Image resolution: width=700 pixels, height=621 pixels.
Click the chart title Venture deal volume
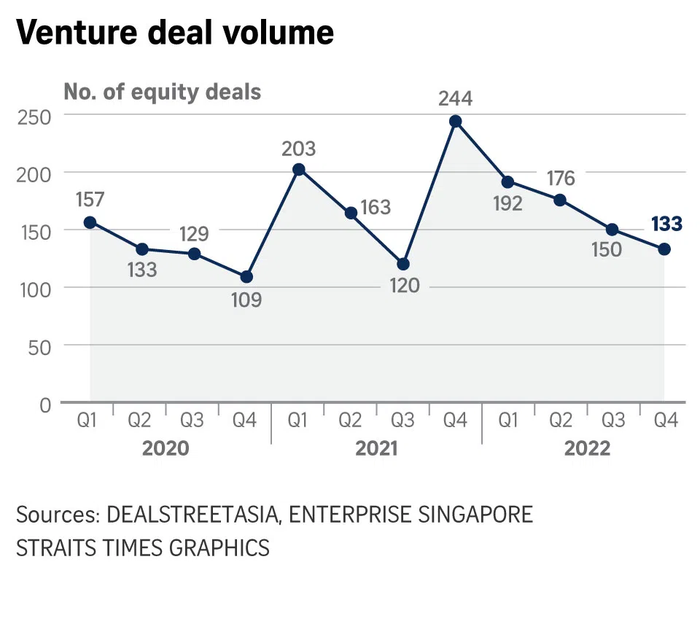click(x=175, y=33)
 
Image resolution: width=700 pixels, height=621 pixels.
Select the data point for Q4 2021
click(x=456, y=121)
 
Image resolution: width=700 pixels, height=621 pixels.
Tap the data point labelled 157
click(x=90, y=222)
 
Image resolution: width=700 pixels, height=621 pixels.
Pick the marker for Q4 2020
click(x=246, y=277)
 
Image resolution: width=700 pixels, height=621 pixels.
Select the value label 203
click(x=298, y=149)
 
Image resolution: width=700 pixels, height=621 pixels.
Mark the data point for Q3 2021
click(x=403, y=264)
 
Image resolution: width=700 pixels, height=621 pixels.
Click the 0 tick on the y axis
click(x=46, y=405)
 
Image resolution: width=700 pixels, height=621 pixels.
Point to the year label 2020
click(x=166, y=448)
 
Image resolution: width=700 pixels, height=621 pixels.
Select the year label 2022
click(x=587, y=448)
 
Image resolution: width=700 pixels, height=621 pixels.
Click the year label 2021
click(x=376, y=448)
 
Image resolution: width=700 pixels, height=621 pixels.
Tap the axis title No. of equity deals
click(x=162, y=93)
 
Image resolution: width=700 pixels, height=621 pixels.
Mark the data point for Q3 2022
click(x=612, y=230)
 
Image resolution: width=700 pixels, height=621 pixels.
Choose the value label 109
click(x=246, y=300)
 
